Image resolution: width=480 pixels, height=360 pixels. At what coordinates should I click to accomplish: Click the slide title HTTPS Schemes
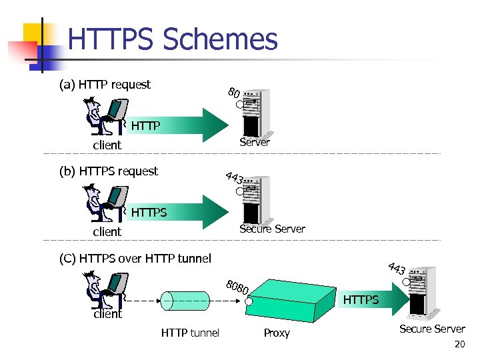173,40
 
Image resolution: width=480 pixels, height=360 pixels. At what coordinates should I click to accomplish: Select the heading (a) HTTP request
105,85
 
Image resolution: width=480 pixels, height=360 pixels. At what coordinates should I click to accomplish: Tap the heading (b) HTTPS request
109,171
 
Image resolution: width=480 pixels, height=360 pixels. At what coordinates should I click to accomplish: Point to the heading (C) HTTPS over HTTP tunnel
135,258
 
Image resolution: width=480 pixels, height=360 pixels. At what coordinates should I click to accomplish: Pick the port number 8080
237,287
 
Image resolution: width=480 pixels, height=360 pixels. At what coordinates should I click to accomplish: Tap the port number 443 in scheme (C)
397,269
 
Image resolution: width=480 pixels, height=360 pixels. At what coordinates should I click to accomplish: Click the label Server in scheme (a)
255,142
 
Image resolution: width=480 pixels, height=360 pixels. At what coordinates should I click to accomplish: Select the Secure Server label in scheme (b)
272,229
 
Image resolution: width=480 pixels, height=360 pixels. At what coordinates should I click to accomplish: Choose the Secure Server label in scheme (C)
432,329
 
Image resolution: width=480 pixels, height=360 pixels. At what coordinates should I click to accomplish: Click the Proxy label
277,333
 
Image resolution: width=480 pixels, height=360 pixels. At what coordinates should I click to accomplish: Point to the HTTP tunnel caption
190,333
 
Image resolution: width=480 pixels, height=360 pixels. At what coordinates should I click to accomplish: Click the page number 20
459,345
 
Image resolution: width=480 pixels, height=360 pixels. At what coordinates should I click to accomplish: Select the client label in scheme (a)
107,145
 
